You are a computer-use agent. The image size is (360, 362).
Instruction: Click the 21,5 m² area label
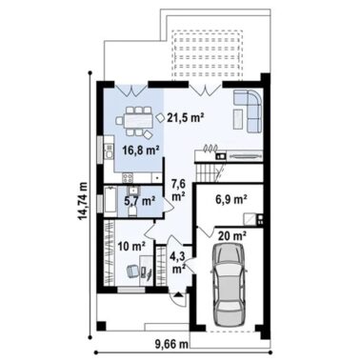[x=187, y=118]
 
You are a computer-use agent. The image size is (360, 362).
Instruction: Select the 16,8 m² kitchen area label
[x=139, y=150]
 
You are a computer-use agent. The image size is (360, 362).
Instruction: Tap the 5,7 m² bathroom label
[x=139, y=201]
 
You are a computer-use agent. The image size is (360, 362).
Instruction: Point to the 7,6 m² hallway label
[x=178, y=189]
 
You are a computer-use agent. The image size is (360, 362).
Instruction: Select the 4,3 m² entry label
[x=178, y=261]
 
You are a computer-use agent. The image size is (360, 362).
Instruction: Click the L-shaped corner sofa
[x=250, y=109]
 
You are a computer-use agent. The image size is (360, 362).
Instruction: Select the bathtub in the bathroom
[x=110, y=203]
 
